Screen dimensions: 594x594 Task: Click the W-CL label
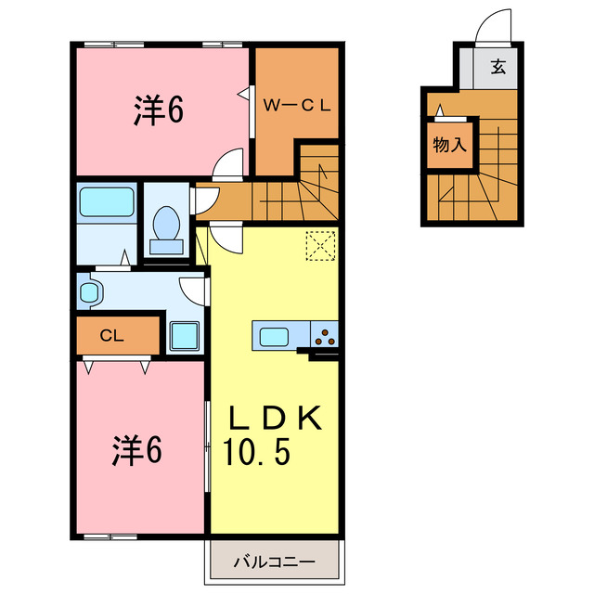[296, 106]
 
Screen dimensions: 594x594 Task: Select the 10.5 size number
[257, 454]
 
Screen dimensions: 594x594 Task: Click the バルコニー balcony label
[274, 562]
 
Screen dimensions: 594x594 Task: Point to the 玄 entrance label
[498, 66]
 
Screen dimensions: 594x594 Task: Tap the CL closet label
[113, 335]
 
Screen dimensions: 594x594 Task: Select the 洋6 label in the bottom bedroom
[136, 452]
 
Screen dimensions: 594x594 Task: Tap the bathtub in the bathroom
[106, 201]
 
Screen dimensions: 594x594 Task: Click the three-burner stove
[326, 336]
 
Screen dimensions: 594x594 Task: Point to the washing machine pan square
[186, 335]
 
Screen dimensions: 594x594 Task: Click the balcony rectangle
[274, 562]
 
